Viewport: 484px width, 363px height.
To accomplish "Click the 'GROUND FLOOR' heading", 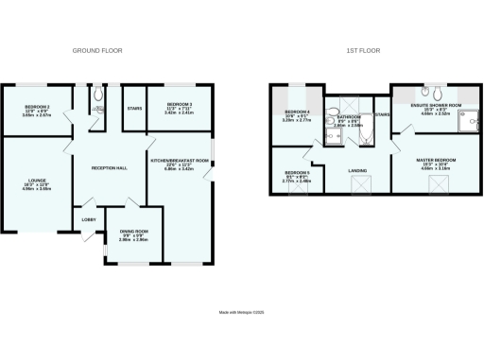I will click(101, 50).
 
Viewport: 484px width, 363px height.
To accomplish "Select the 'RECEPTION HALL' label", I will click(109, 167).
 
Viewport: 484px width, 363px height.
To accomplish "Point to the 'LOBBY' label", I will click(88, 219).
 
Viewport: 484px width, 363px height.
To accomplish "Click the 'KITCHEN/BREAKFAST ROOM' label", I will click(180, 162).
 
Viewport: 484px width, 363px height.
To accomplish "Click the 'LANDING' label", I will click(358, 171).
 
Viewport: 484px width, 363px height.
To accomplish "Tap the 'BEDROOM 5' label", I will click(298, 173).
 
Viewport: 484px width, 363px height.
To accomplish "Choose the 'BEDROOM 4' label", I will click(297, 112).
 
